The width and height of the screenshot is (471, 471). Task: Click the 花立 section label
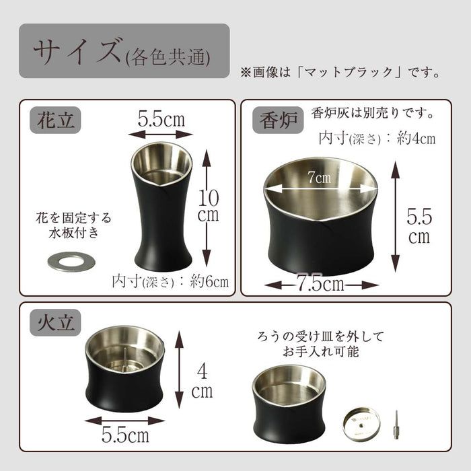(55, 120)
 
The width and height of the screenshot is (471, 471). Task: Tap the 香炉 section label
(278, 120)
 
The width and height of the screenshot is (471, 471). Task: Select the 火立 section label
(55, 322)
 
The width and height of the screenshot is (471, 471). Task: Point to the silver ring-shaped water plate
(71, 262)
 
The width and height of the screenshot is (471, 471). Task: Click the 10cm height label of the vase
(208, 206)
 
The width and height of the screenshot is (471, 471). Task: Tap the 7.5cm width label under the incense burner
(320, 283)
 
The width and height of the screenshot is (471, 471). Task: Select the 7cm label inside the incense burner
(319, 177)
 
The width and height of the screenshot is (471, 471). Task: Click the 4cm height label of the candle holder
(202, 382)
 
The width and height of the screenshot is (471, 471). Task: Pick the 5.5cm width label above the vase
(161, 119)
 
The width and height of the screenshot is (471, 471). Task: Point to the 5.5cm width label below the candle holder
(125, 434)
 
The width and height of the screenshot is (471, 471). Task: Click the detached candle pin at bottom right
(396, 425)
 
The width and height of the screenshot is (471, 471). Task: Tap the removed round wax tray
(361, 423)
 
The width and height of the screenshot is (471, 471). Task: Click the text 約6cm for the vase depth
(209, 282)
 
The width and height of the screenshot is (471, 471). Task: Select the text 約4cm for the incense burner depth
(416, 139)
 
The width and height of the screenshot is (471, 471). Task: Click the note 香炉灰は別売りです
(373, 113)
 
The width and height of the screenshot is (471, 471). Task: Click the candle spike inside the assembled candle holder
(125, 357)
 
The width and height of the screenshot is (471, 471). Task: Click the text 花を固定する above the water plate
(73, 218)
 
